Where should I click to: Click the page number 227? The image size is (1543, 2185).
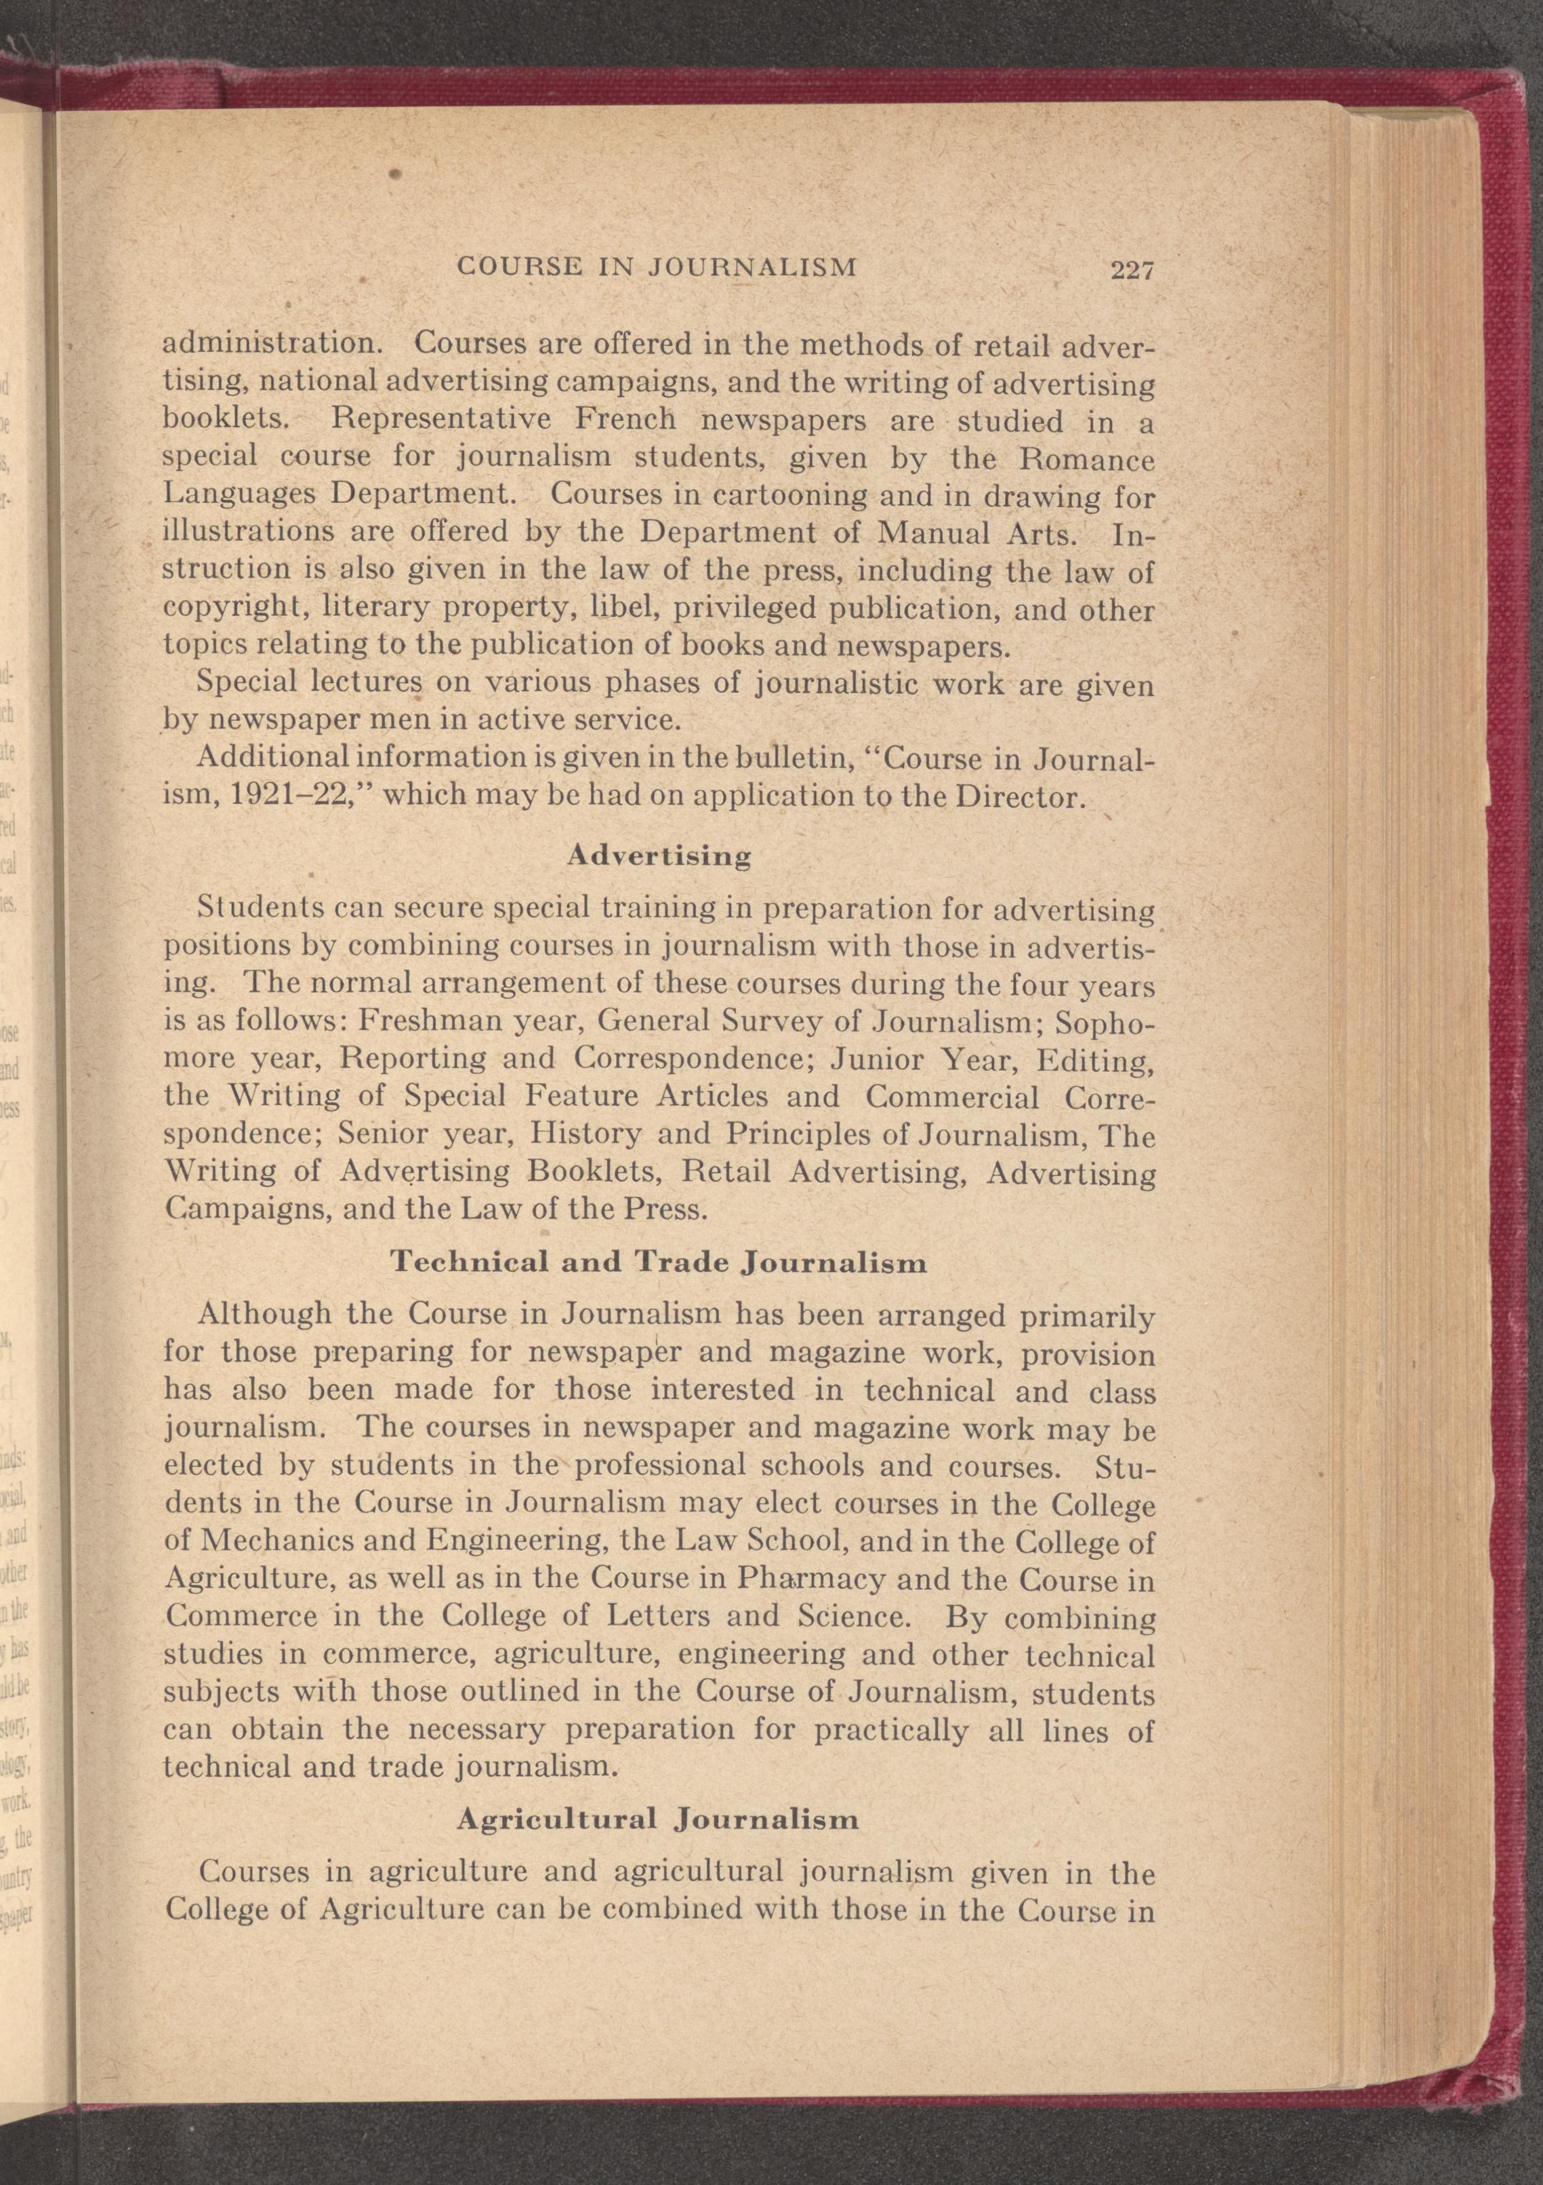(1131, 271)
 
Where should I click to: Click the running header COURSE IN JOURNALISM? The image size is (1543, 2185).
(657, 266)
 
